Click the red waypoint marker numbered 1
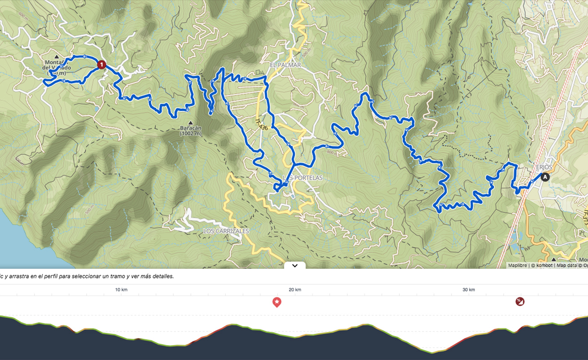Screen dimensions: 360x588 point(101,65)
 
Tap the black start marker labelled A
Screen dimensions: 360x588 point(545,177)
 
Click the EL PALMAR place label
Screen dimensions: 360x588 point(285,65)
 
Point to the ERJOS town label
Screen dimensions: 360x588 point(544,167)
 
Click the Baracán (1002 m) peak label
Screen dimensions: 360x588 point(191,131)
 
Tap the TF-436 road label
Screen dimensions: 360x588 point(261,124)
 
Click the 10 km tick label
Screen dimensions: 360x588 point(121,290)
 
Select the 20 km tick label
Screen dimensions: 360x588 point(295,290)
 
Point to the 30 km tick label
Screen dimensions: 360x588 point(469,290)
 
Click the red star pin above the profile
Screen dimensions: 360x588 point(277,302)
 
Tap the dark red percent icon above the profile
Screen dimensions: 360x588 point(520,302)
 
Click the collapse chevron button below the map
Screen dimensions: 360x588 point(295,265)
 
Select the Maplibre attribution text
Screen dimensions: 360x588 point(518,265)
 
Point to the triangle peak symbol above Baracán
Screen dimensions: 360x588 point(191,123)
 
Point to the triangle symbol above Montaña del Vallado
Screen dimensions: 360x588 point(57,57)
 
